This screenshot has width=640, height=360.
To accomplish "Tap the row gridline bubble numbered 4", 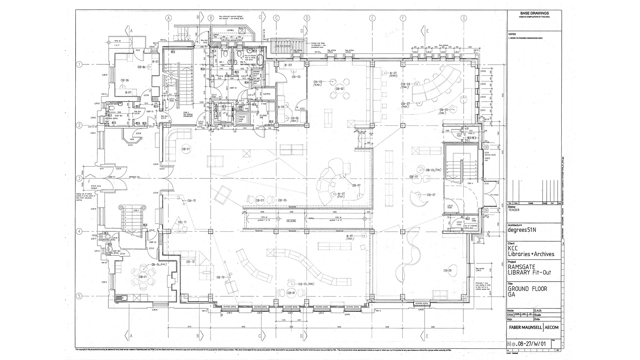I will tap(79, 231).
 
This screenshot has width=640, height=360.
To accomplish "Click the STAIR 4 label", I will tap(461, 183).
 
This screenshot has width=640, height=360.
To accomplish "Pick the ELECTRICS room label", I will tap(267, 94).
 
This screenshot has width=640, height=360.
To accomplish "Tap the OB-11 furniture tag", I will tap(182, 222).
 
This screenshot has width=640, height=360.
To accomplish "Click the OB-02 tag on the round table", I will tap(339, 89).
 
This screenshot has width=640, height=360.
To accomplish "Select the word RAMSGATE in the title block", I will tap(521, 267).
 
